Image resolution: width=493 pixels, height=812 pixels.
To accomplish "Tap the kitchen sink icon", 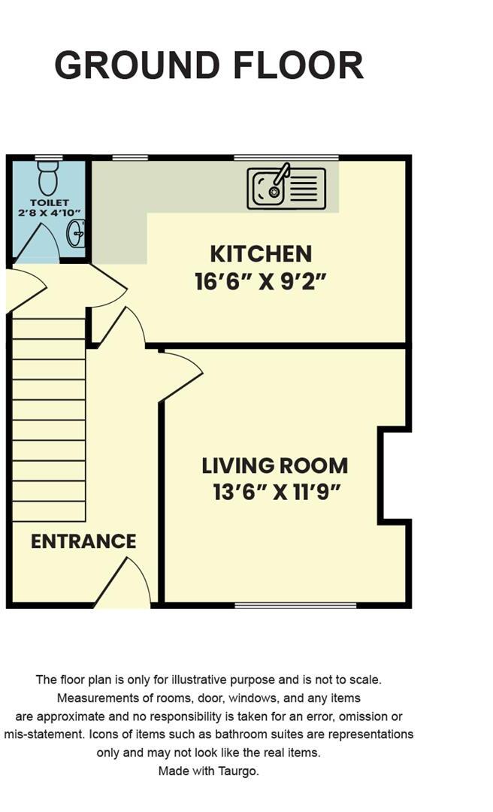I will click(x=286, y=188).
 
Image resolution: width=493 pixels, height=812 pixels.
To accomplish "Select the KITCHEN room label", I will click(x=261, y=254).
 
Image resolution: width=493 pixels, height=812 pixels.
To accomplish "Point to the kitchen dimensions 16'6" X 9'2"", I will click(x=261, y=282).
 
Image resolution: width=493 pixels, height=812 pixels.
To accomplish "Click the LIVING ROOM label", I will click(x=274, y=465).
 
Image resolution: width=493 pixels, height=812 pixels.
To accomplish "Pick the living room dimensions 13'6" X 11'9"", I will click(x=277, y=493).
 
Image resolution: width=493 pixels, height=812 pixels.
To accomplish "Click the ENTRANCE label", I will click(x=83, y=541).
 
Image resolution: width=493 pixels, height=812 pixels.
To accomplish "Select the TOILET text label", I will click(x=50, y=203).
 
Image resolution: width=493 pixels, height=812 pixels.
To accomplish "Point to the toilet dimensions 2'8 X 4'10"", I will click(x=50, y=214).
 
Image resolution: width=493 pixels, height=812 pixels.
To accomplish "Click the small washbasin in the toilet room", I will click(x=77, y=235).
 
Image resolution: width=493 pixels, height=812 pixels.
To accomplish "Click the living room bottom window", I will click(x=295, y=604).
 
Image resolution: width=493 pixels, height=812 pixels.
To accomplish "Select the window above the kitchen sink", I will click(x=286, y=157).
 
